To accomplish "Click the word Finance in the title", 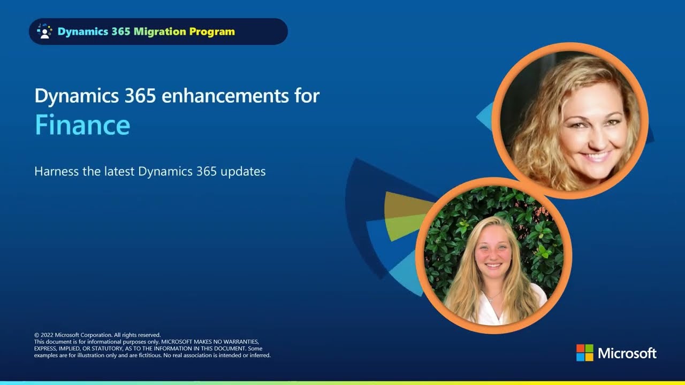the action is pos(82,125).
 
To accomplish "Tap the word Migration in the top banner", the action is pos(160,32).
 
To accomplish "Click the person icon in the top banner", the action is pos(44,32).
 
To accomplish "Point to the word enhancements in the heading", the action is pos(225,96).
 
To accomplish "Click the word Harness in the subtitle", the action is pos(57,172).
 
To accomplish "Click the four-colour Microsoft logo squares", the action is pos(585,352).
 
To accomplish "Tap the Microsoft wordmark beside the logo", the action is pos(627,353).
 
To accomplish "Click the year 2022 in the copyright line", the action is pos(47,335).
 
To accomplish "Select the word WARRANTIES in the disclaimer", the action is pos(241,342).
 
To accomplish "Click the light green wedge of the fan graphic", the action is pos(404,226).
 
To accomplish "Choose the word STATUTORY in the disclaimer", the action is pos(106,349).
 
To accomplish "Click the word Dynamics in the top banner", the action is pos(83,32).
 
